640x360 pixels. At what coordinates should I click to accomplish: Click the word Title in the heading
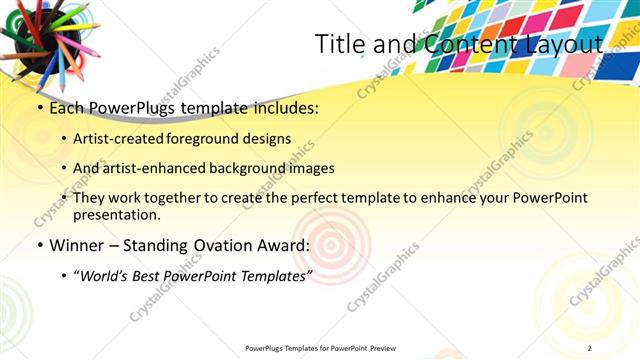pos(337,44)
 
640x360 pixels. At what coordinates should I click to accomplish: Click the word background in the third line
pos(253,168)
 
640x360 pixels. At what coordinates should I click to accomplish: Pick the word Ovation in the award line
pos(219,245)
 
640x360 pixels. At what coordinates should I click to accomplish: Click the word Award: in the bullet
pos(282,245)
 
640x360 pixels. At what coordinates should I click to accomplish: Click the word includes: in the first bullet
pos(284,108)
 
